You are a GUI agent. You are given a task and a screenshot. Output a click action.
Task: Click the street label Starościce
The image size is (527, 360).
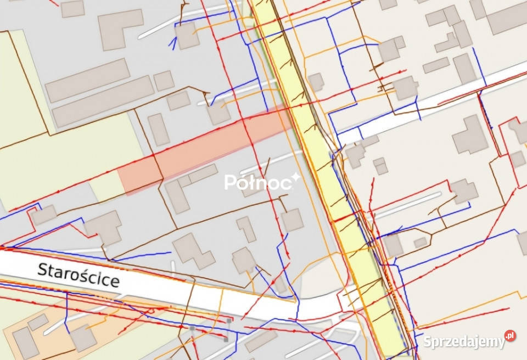pos(79,275)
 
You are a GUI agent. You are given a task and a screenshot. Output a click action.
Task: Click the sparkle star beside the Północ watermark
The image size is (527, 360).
pos(295,177)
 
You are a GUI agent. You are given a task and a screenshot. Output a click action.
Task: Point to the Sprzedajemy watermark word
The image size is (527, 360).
pos(464,341)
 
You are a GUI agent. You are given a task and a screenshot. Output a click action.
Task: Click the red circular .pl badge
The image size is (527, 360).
pos(510,336)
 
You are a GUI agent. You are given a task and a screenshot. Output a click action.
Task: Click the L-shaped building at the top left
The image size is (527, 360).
pos(117,27)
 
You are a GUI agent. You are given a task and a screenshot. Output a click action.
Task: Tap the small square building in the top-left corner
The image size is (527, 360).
pos(72,8)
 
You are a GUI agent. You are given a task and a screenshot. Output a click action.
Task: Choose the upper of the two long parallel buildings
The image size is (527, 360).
pos(88,80)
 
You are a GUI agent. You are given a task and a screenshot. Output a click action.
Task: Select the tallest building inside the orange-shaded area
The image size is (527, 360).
pos(25,342)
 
